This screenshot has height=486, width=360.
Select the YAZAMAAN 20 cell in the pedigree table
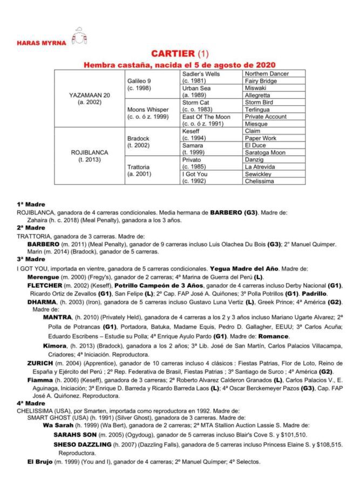(x=90, y=98)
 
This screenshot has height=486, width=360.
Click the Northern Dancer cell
(x=267, y=73)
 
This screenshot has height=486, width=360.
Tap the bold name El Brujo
(x=40, y=462)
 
